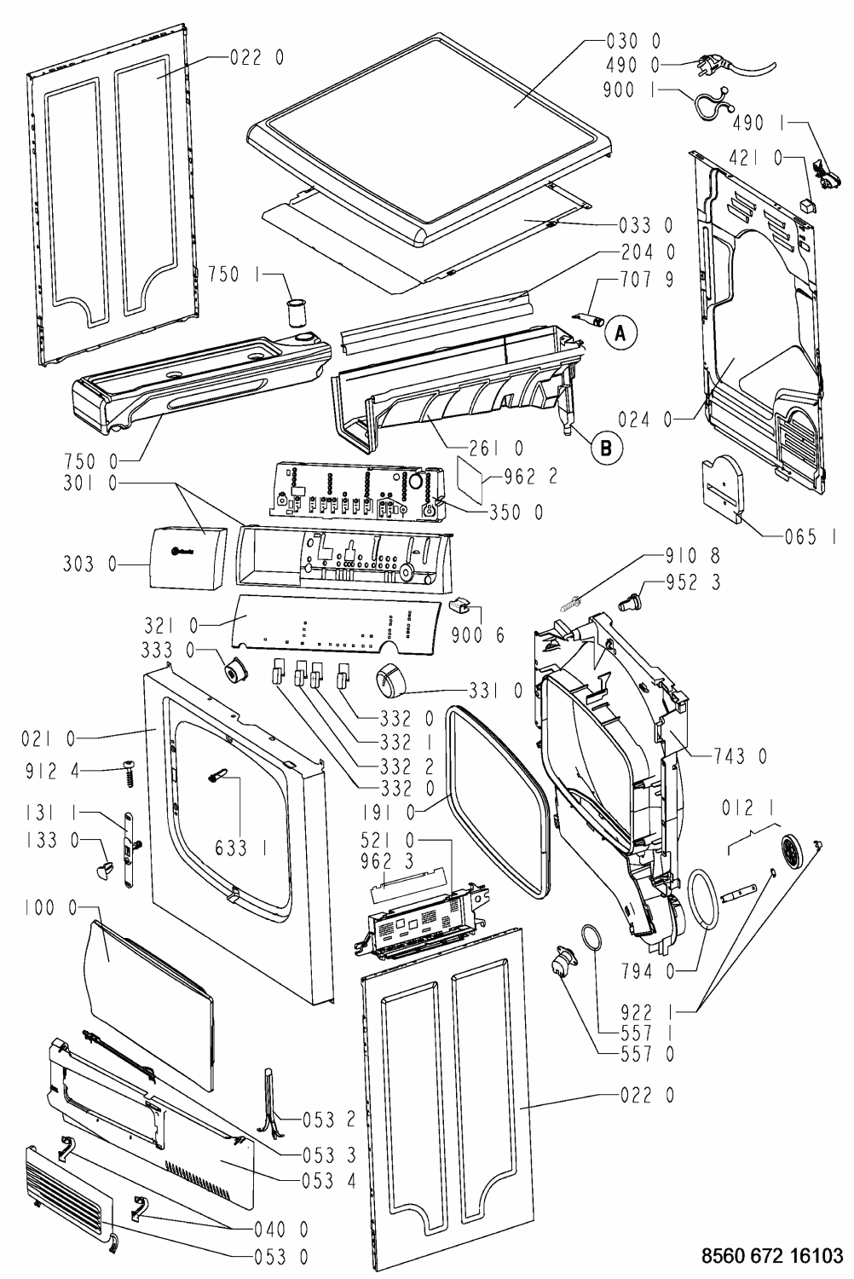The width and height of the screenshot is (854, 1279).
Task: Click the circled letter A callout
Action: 621,333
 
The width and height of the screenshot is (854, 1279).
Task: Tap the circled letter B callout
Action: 606,449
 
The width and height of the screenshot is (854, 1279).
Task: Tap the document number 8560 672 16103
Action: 772,1255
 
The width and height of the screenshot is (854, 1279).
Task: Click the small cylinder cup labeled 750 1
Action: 296,312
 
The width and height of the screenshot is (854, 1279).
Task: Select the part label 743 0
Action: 741,756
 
